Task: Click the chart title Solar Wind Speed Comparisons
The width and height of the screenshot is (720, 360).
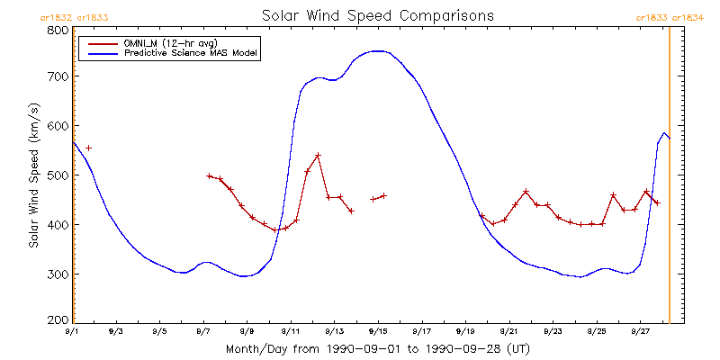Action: tap(378, 15)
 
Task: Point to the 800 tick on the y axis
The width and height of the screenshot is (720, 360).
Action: tap(59, 30)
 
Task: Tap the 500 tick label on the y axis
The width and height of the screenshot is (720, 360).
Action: tap(59, 175)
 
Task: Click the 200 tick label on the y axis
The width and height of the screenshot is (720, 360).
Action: tap(59, 319)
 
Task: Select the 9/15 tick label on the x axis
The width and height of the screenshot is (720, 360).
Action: tap(378, 331)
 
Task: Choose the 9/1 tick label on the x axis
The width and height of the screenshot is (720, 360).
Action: tap(74, 331)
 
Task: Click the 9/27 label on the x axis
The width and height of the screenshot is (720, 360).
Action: tap(640, 331)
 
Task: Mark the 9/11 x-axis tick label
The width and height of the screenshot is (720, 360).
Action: tap(291, 331)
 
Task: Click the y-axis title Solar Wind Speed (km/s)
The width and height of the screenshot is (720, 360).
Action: tap(33, 175)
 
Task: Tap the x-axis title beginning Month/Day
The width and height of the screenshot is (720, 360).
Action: tap(378, 349)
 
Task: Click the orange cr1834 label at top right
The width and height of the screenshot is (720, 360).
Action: tap(688, 18)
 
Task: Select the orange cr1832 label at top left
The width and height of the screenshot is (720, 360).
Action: tap(56, 18)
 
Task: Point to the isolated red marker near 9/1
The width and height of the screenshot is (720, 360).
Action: tap(88, 148)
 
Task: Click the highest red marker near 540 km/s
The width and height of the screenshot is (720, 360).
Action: tap(318, 155)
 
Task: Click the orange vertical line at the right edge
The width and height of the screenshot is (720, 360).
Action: tap(669, 175)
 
